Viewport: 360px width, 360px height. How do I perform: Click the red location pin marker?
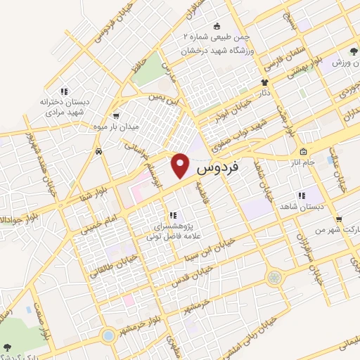(181, 166)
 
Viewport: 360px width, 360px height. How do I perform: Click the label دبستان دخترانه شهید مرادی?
(65, 105)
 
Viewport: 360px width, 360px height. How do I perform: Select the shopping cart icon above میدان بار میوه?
(115, 117)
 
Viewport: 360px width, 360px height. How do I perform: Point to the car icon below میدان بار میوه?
(99, 150)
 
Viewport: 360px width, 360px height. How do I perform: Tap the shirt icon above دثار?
(264, 82)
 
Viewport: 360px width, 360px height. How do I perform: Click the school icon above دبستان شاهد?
(301, 196)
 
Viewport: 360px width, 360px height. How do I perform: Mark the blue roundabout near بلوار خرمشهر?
(108, 335)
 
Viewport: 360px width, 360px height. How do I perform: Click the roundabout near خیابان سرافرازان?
(273, 278)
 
